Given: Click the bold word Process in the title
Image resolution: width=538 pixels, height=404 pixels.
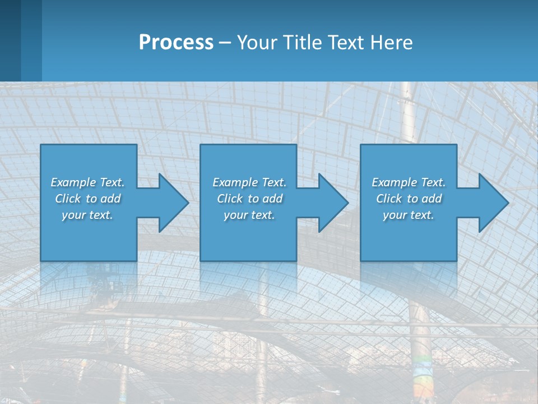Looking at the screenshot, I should coord(176,43).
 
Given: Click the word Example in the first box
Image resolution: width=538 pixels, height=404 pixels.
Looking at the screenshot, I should coord(73,182).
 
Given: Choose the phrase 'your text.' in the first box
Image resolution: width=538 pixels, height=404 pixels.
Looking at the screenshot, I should coord(87,215).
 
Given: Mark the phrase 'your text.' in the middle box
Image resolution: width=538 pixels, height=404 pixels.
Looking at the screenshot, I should coord(249,215).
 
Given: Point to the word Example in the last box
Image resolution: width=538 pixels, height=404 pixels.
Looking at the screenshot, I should coord(395,182).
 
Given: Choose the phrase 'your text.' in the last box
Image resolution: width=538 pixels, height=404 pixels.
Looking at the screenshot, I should coord(409,215).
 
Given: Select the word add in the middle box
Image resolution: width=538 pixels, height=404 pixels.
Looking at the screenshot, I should coord(272,199).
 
